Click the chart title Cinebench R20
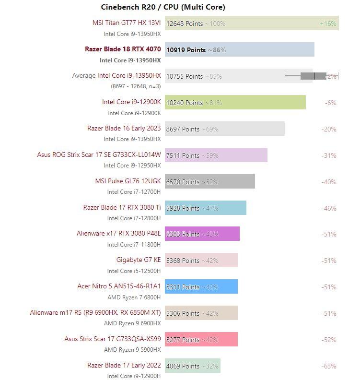tap(128, 7)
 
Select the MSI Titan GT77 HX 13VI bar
tap(252, 23)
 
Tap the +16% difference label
tap(328, 24)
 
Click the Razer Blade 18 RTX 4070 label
tap(123, 49)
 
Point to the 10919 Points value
tap(186, 50)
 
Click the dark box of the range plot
tap(314, 76)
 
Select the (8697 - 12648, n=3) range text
tap(136, 86)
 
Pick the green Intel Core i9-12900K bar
tap(235, 102)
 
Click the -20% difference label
tap(329, 129)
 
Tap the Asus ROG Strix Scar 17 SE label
tap(99, 154)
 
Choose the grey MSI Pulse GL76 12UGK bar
tap(210, 181)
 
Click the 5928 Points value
tap(183, 208)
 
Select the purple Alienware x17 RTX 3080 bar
tap(202, 234)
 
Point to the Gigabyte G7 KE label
tap(139, 260)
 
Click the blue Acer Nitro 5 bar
tap(201, 286)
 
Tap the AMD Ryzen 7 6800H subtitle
tap(134, 297)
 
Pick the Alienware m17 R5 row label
tap(95, 313)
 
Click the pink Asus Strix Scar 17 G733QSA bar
tap(201, 339)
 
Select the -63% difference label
tap(329, 366)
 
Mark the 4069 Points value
tap(183, 366)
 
